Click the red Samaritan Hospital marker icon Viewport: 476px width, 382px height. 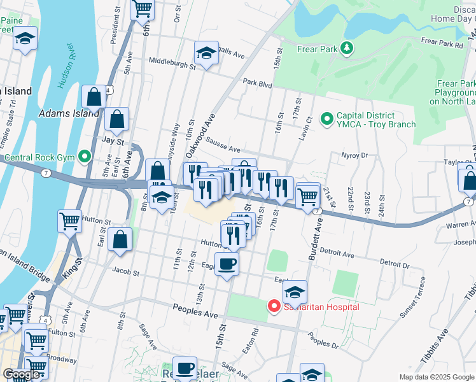click(x=274, y=306)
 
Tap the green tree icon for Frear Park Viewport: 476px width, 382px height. click(x=346, y=48)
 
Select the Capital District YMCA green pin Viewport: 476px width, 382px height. click(x=327, y=119)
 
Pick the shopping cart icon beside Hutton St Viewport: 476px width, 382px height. click(x=70, y=221)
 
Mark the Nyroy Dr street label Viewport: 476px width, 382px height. click(x=355, y=155)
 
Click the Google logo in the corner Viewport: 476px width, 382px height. click(x=22, y=374)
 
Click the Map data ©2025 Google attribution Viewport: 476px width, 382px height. click(x=436, y=377)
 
